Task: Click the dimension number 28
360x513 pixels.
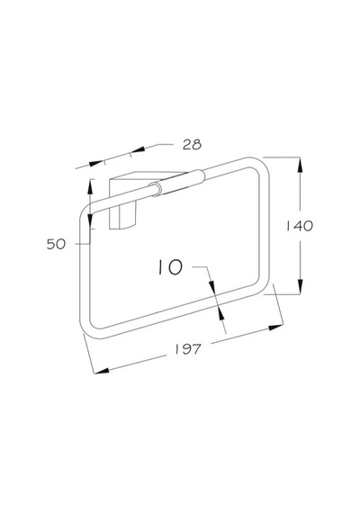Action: [x=192, y=144]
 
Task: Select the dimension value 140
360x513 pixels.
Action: [x=300, y=226]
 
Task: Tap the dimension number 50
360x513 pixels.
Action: [x=56, y=244]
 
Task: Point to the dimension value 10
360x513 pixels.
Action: [x=170, y=267]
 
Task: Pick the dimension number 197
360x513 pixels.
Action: [x=187, y=349]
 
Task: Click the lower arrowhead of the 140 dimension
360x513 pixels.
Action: [x=300, y=286]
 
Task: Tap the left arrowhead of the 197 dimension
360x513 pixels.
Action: [x=102, y=371]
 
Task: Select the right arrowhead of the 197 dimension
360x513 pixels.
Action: [x=276, y=327]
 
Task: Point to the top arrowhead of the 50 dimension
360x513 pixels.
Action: [x=90, y=187]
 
